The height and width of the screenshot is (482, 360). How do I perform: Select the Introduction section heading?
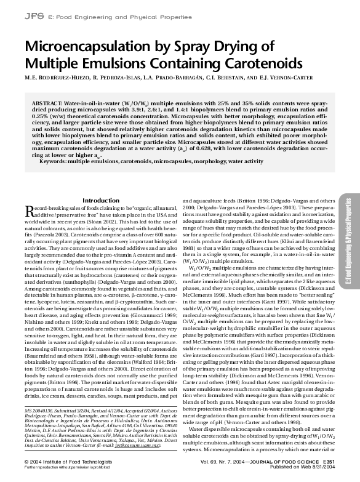coord(100,201)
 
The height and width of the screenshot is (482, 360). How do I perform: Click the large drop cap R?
coord(30,213)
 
